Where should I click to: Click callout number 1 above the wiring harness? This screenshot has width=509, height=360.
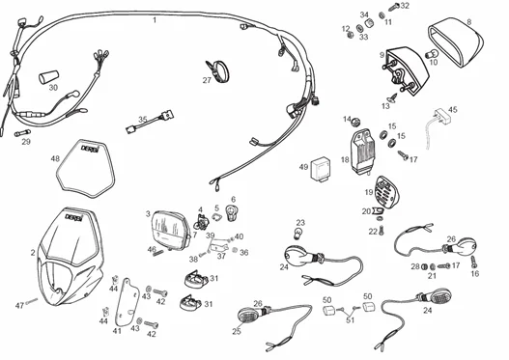tap(154, 19)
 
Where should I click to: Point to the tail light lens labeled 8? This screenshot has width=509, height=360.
tap(457, 42)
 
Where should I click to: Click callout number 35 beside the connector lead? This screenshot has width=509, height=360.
tap(142, 120)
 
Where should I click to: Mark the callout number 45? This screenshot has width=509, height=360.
tap(453, 110)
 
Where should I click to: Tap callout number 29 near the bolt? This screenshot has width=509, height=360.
tap(26, 142)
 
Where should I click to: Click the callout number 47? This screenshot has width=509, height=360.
tap(18, 305)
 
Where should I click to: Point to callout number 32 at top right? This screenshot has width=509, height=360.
tap(404, 6)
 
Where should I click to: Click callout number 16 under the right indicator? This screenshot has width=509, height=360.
tap(474, 273)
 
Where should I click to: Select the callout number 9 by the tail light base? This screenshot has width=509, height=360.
tap(382, 55)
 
